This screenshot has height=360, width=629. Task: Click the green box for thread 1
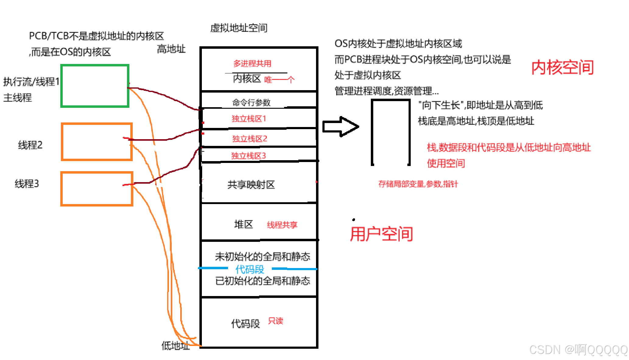click(x=95, y=86)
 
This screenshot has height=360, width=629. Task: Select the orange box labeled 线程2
click(x=97, y=142)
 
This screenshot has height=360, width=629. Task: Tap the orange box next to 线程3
click(x=97, y=189)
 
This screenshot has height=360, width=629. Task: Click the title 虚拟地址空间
click(x=239, y=28)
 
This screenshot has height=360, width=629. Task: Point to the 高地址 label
click(x=171, y=49)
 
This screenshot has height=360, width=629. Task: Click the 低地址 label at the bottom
click(x=175, y=346)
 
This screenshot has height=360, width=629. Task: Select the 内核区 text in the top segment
click(x=247, y=79)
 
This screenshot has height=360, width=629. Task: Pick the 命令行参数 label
click(x=251, y=103)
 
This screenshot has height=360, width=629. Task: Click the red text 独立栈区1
click(x=249, y=118)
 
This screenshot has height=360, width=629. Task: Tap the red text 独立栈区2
click(x=250, y=139)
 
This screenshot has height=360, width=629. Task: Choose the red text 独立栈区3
click(x=248, y=156)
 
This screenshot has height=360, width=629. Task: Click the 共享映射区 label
click(x=251, y=185)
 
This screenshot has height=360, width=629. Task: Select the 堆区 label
click(x=243, y=224)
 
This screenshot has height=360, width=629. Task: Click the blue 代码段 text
click(x=250, y=269)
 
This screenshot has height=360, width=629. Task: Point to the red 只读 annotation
click(x=276, y=321)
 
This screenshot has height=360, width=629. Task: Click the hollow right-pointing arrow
click(x=341, y=126)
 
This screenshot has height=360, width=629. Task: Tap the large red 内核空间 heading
click(x=562, y=67)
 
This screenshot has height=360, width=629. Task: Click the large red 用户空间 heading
click(x=381, y=234)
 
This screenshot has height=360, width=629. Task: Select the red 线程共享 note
click(x=282, y=225)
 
